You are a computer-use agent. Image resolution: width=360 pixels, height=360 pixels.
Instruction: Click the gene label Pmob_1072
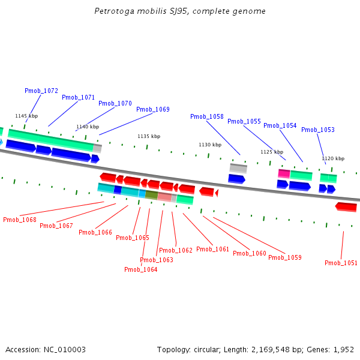pyautogui.click(x=41, y=91)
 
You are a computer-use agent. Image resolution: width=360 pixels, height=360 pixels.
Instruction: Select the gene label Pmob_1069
pyautogui.click(x=152, y=109)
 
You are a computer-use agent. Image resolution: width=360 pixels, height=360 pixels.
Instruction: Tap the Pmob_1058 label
pyautogui.click(x=206, y=116)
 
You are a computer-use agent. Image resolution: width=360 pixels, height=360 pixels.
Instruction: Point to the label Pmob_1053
pyautogui.click(x=317, y=130)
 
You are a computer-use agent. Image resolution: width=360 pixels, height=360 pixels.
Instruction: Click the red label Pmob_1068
pyautogui.click(x=19, y=220)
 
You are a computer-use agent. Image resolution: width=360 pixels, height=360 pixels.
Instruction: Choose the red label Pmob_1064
pyautogui.click(x=140, y=269)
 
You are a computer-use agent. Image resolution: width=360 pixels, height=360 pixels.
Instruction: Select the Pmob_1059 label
pyautogui.click(x=284, y=257)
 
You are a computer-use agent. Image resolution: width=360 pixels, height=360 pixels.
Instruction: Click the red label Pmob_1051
pyautogui.click(x=341, y=263)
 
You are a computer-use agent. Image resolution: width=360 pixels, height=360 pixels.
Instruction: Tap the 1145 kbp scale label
pyautogui.click(x=26, y=116)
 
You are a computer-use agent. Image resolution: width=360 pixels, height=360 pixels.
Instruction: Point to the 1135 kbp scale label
pyautogui.click(x=149, y=136)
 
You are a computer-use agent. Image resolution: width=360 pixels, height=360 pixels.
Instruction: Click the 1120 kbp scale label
pyautogui.click(x=333, y=158)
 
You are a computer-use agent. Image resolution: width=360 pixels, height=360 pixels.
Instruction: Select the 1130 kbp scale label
pyautogui.click(x=210, y=145)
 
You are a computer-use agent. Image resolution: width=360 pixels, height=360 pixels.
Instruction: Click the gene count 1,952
pyautogui.click(x=344, y=349)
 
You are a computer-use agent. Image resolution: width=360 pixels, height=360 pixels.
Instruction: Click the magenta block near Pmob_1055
pyautogui.click(x=284, y=173)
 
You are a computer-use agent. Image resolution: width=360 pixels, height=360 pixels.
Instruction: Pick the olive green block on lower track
pyautogui.click(x=151, y=195)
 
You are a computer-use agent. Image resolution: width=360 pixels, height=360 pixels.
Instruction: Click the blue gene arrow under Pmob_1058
pyautogui.click(x=236, y=178)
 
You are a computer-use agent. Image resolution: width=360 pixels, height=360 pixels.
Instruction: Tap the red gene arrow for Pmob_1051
pyautogui.click(x=346, y=206)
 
